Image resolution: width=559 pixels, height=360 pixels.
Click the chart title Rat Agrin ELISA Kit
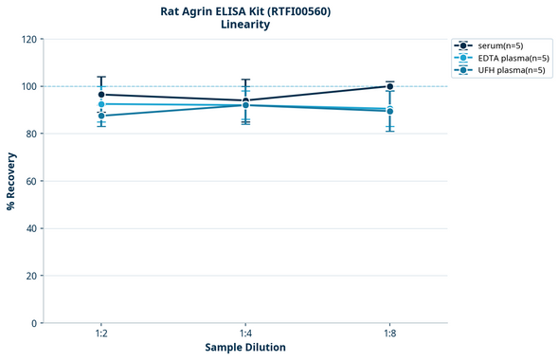pyautogui.click(x=245, y=11)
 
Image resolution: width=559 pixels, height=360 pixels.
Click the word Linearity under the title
pyautogui.click(x=245, y=25)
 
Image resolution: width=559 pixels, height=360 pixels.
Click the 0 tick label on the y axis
pyautogui.click(x=35, y=323)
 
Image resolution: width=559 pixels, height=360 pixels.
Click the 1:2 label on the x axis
pyautogui.click(x=101, y=334)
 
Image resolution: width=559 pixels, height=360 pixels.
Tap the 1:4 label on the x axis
pyautogui.click(x=245, y=334)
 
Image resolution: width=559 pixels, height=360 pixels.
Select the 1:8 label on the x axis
pyautogui.click(x=389, y=334)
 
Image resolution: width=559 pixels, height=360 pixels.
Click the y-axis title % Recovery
pyautogui.click(x=11, y=181)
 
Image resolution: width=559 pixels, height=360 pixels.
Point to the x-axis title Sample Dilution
pyautogui.click(x=245, y=348)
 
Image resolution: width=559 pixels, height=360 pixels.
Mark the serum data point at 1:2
pyautogui.click(x=101, y=95)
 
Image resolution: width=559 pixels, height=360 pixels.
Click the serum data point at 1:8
pyautogui.click(x=389, y=86)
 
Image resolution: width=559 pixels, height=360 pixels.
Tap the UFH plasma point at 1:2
pyautogui.click(x=101, y=116)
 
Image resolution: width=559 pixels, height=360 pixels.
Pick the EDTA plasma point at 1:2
pyautogui.click(x=101, y=104)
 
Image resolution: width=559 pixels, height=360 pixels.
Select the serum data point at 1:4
pyautogui.click(x=245, y=100)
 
